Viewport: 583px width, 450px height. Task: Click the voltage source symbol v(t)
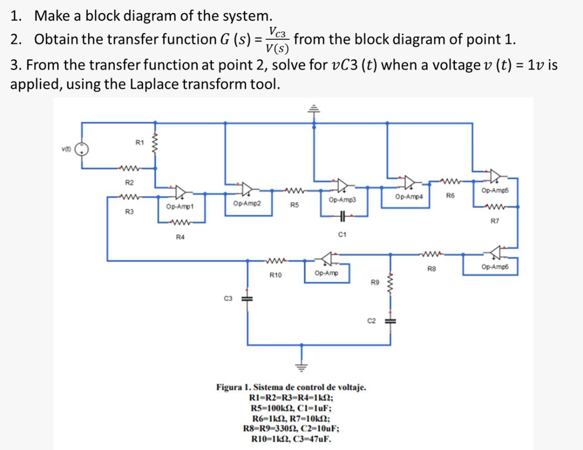point(82,149)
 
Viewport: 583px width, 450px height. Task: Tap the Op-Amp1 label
point(180,207)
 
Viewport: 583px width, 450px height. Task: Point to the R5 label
point(295,205)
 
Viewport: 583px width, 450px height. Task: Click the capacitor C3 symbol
point(247,298)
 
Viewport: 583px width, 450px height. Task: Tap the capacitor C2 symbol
point(390,321)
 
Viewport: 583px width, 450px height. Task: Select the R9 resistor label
point(374,283)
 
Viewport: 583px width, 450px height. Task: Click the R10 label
point(276,275)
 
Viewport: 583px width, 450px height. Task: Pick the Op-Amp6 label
point(494,267)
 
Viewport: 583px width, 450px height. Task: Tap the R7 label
point(495,221)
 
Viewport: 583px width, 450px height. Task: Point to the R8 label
point(431,269)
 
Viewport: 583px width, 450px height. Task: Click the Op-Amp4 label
point(409,197)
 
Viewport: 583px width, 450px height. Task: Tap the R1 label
point(140,143)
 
